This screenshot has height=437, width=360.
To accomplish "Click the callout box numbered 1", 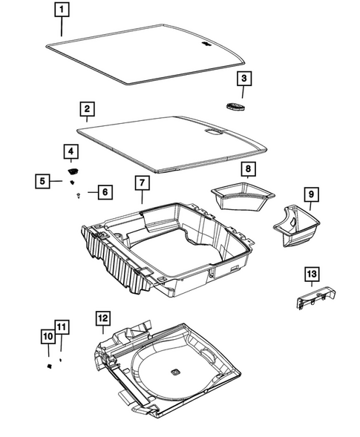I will (62, 10).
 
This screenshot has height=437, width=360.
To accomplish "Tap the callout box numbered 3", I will (245, 79).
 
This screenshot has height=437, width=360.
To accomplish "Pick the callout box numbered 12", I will (102, 318).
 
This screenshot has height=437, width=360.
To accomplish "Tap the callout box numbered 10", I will (47, 337).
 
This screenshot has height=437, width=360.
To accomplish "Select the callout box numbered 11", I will (61, 327).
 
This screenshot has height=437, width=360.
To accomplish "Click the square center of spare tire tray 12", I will (175, 371).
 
